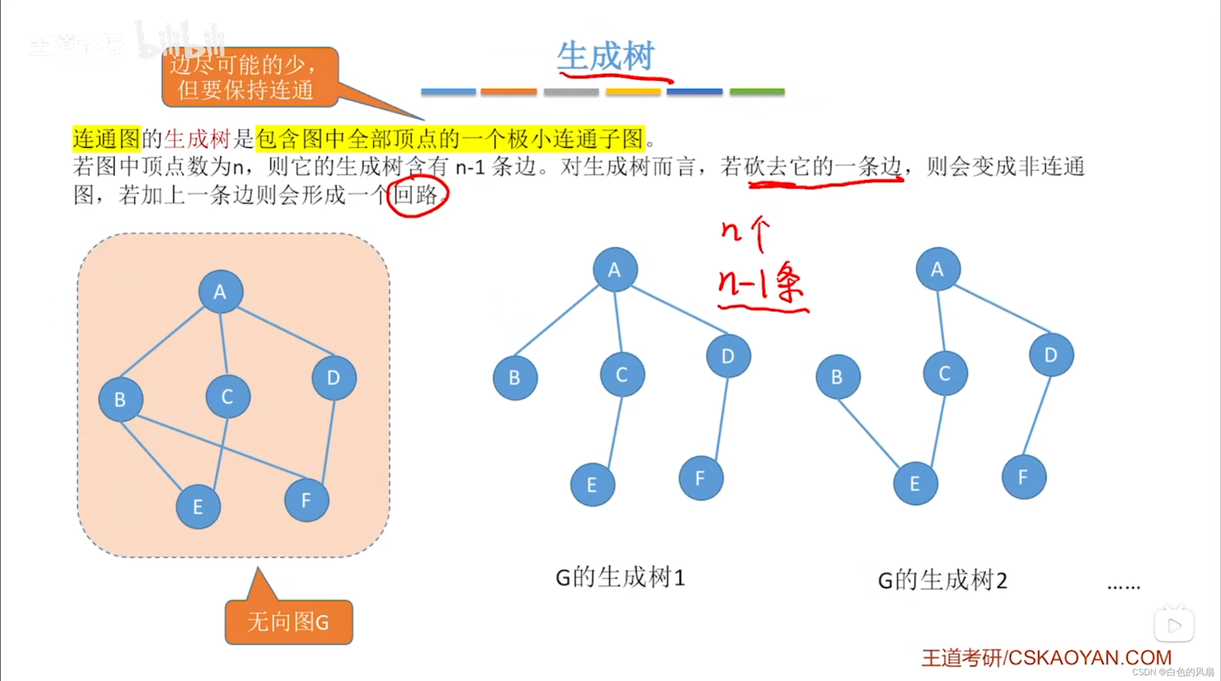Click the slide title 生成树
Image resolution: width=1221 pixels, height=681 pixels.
point(606,56)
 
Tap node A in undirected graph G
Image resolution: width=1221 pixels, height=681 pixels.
point(221,291)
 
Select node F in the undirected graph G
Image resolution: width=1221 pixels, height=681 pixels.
point(307,500)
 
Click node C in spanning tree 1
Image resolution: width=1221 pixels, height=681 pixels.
point(622,374)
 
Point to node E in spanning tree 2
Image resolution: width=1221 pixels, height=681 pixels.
point(915,484)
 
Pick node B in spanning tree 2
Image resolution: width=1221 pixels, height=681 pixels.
point(838,377)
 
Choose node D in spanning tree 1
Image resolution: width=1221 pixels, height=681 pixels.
point(728,356)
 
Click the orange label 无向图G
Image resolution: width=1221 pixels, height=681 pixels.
point(289,622)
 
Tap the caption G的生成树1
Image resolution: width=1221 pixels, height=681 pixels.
point(620,578)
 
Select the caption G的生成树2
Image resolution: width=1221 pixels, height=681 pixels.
point(942,580)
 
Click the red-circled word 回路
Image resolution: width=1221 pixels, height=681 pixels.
point(416,195)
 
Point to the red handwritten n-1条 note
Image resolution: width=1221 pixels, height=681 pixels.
point(761,284)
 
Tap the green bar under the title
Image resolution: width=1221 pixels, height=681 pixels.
point(757,91)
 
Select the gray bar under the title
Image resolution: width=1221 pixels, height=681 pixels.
point(571,91)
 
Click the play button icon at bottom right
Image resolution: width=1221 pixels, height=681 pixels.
point(1174,625)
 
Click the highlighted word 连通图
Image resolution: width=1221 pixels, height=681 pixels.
point(106,139)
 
